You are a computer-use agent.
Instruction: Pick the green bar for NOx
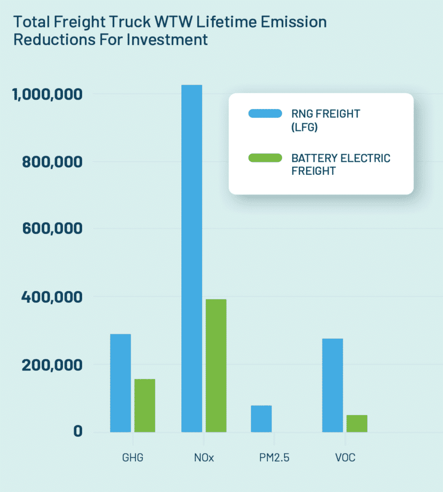point(216,365)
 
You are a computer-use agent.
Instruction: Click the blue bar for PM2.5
point(261,418)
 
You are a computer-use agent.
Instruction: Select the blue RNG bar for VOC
point(333,385)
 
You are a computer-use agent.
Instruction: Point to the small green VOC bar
point(357,423)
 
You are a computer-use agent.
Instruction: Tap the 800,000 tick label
point(52,162)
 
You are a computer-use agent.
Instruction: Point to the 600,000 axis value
point(52,229)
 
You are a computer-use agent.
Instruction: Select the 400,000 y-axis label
point(52,297)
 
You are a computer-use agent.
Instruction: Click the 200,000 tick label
point(52,364)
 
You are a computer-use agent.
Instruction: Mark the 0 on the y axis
point(78,431)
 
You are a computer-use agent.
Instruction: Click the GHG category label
point(133,457)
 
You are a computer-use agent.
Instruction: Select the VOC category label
point(345,457)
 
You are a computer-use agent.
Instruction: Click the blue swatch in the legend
point(265,113)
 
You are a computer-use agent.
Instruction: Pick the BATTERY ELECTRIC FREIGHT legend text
point(341,164)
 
